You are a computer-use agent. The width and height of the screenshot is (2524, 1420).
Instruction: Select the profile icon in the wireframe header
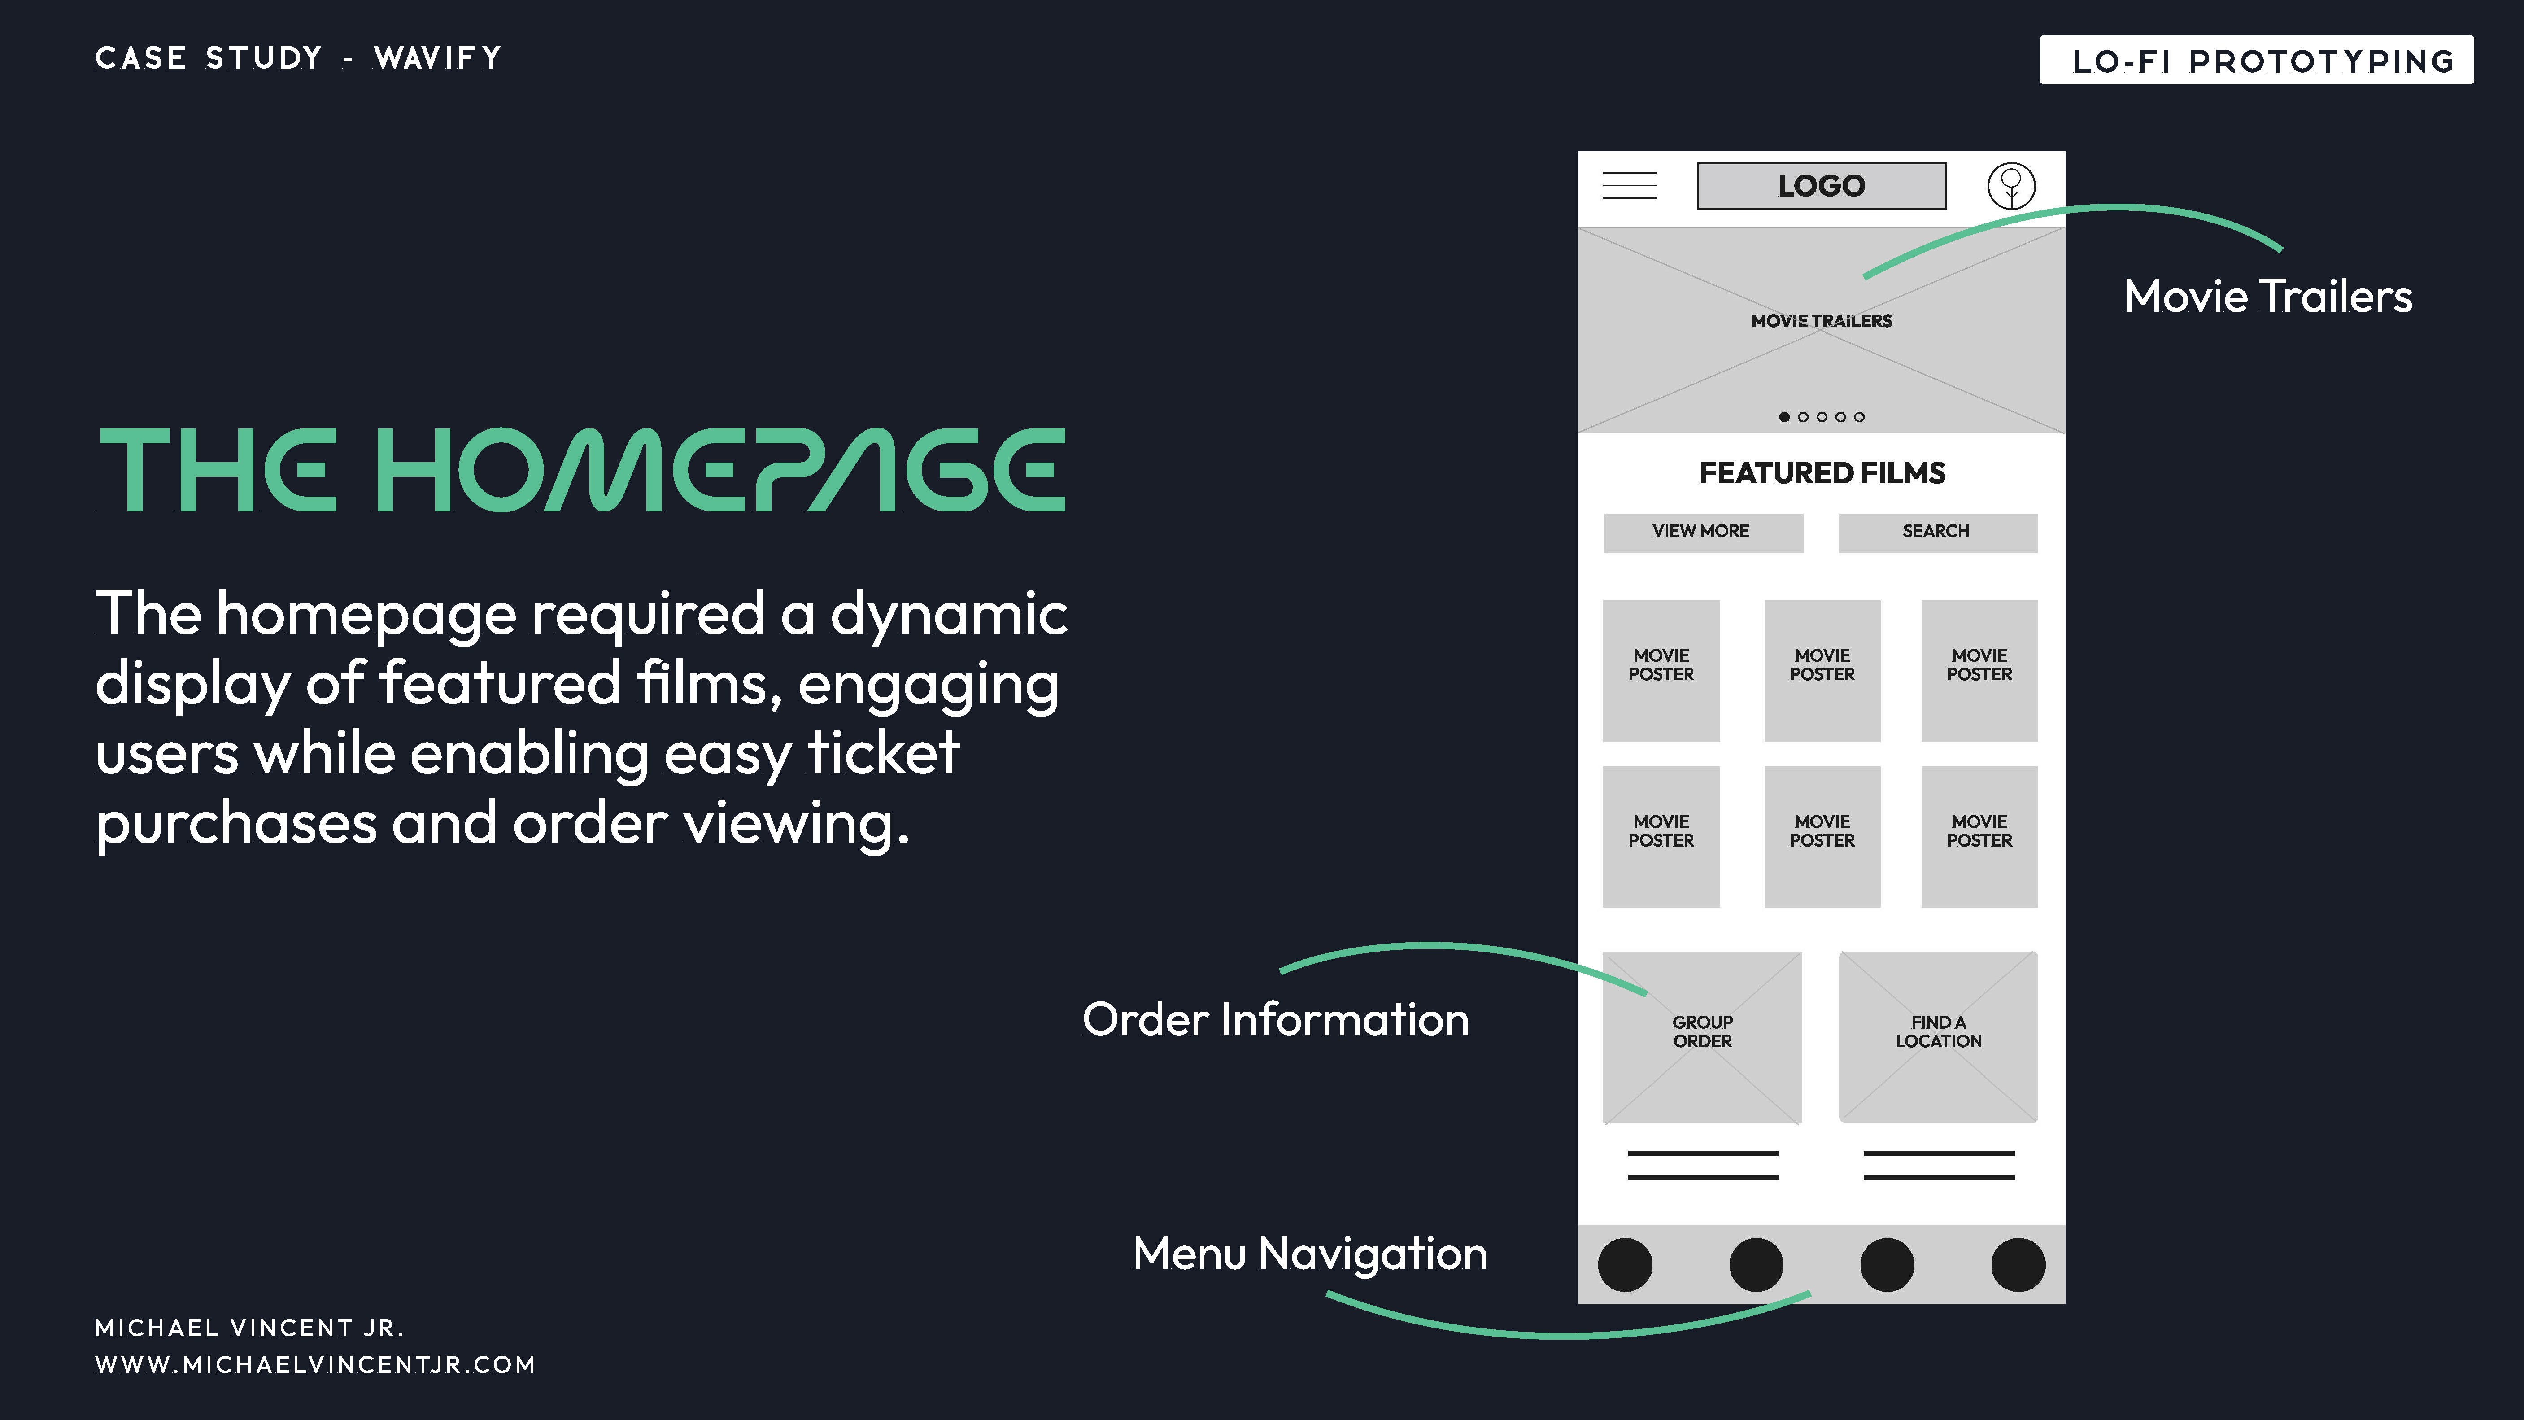(2010, 185)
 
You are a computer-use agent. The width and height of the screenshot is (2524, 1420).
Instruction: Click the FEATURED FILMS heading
(1822, 473)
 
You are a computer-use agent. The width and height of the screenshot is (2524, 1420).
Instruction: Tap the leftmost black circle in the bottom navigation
(1625, 1264)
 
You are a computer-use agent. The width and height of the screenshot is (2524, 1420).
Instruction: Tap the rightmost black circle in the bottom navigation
(2018, 1264)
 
